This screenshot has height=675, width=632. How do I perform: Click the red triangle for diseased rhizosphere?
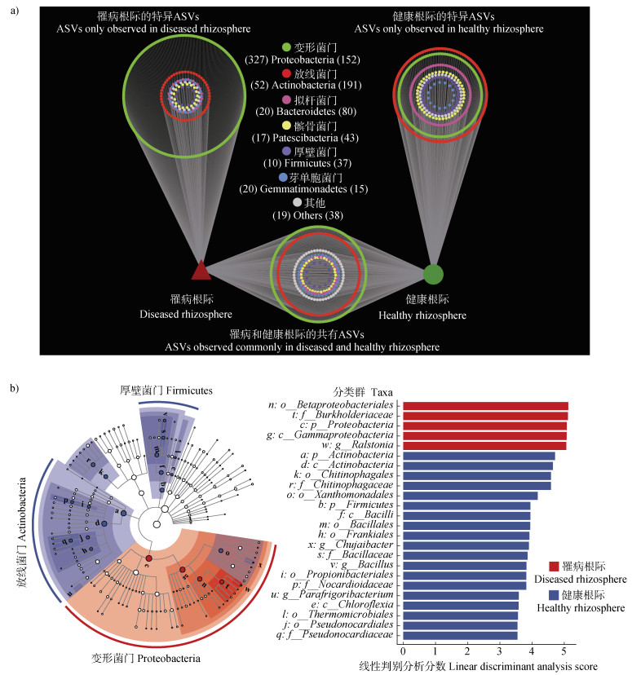pyautogui.click(x=201, y=271)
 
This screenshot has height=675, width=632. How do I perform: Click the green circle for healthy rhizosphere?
pyautogui.click(x=434, y=275)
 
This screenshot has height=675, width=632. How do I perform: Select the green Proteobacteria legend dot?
pyautogui.click(x=285, y=48)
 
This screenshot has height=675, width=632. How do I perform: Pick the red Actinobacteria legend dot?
pyautogui.click(x=285, y=74)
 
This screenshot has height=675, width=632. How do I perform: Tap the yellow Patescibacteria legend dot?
pyautogui.click(x=285, y=126)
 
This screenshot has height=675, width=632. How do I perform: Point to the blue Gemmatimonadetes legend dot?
pyautogui.click(x=282, y=177)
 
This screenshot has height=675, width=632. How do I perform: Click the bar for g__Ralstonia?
pyautogui.click(x=484, y=446)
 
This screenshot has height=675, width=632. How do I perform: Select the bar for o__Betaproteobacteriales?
pyautogui.click(x=485, y=405)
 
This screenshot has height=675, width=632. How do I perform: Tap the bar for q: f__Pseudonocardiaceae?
pyautogui.click(x=460, y=635)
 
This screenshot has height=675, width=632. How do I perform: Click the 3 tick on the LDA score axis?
pyautogui.click(x=500, y=652)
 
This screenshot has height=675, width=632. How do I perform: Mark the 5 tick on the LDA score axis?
pyautogui.click(x=564, y=652)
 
